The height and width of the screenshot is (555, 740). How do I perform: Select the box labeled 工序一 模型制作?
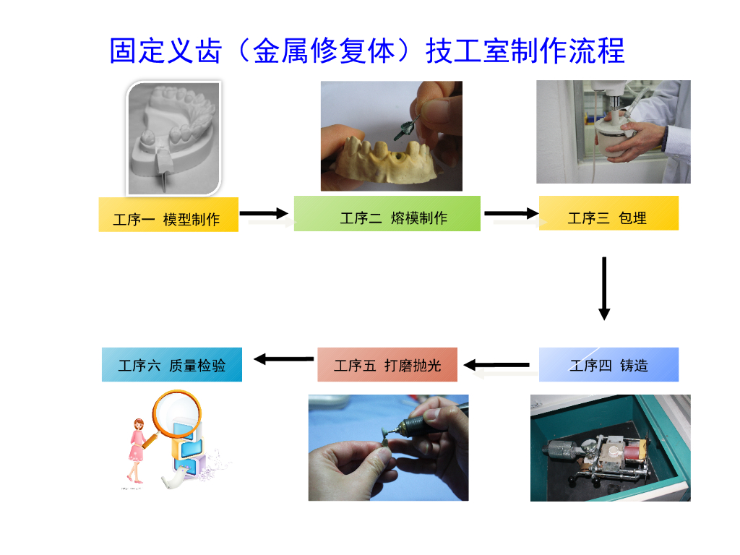[x=168, y=215]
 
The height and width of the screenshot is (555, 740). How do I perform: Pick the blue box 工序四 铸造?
[x=608, y=365]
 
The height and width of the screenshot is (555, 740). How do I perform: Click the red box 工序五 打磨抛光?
[x=387, y=365]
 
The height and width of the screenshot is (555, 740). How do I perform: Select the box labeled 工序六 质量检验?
[x=172, y=365]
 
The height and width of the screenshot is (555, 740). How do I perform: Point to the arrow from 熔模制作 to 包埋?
[x=511, y=213]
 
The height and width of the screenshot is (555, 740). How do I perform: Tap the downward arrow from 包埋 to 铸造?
[x=604, y=288]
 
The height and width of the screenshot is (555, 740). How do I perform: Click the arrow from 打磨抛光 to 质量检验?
[x=283, y=358]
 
